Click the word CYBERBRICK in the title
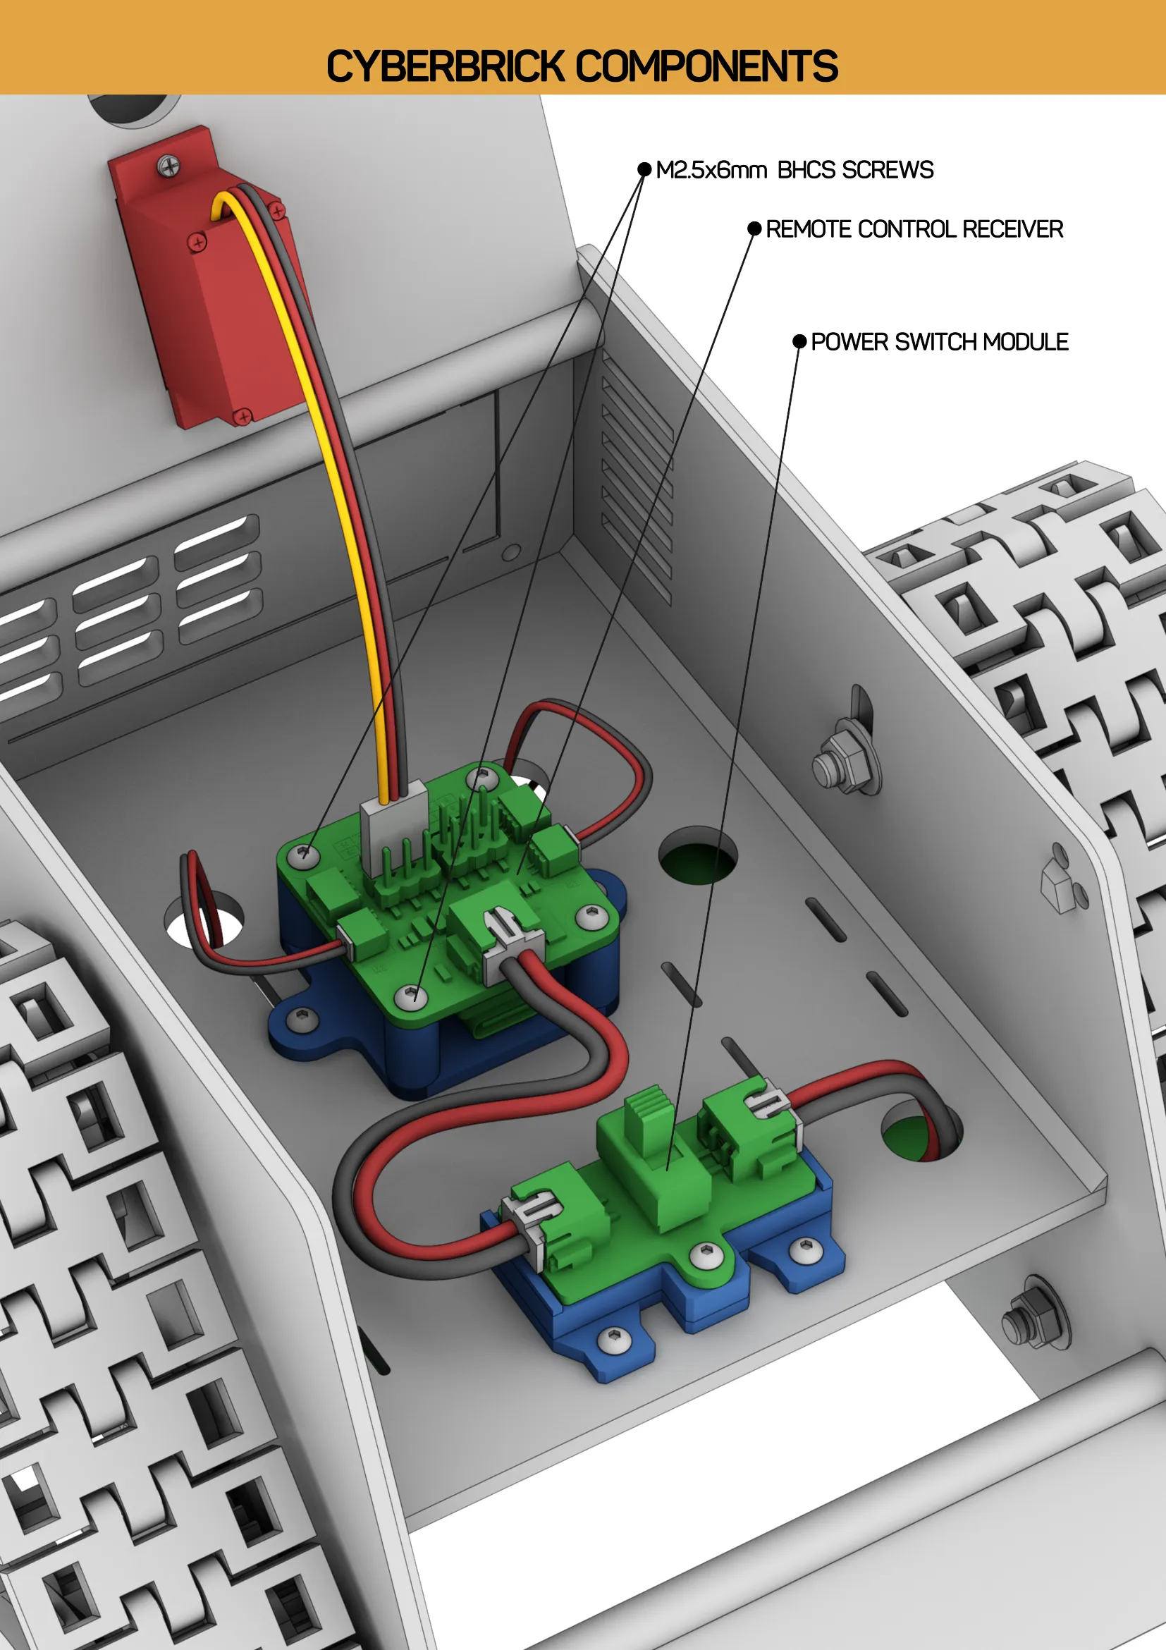pyautogui.click(x=446, y=66)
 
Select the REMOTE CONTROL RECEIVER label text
pyautogui.click(x=914, y=229)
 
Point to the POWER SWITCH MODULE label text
pyautogui.click(x=939, y=342)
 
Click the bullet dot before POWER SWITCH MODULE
pyautogui.click(x=799, y=341)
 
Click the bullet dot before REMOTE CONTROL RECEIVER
pyautogui.click(x=754, y=228)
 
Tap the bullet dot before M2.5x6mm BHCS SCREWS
pyautogui.click(x=644, y=170)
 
